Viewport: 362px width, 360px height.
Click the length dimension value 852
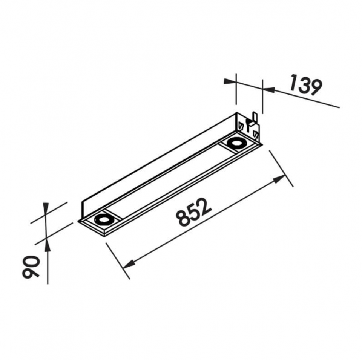coord(193,212)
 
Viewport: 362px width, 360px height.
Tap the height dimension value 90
coord(31,267)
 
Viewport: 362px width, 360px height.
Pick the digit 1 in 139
coord(293,82)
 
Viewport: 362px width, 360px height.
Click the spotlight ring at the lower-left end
coord(104,219)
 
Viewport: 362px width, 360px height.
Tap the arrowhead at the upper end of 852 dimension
coord(279,179)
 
